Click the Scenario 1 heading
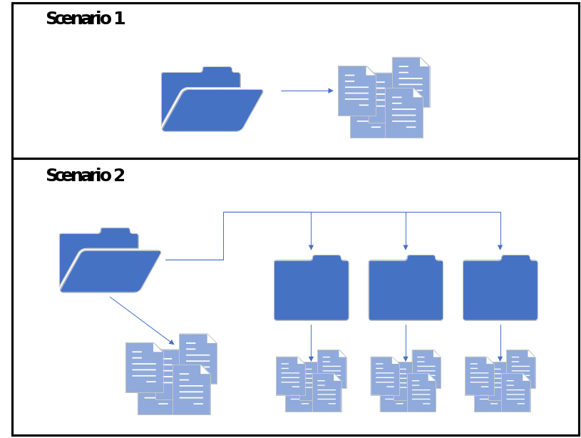click(85, 19)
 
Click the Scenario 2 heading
click(85, 175)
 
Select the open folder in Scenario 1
click(212, 100)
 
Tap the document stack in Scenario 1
click(384, 98)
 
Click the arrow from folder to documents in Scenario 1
click(307, 91)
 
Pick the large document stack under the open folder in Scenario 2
click(171, 374)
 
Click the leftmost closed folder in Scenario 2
click(311, 289)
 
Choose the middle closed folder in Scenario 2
click(406, 289)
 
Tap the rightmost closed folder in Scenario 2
click(500, 289)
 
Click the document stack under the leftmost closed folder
click(312, 381)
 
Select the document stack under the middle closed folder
click(406, 381)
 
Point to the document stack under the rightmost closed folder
click(500, 381)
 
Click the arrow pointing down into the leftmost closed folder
click(311, 232)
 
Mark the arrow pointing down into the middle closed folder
click(406, 232)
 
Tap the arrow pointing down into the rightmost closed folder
click(500, 232)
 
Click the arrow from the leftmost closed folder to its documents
click(311, 341)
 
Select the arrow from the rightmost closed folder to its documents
click(500, 341)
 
